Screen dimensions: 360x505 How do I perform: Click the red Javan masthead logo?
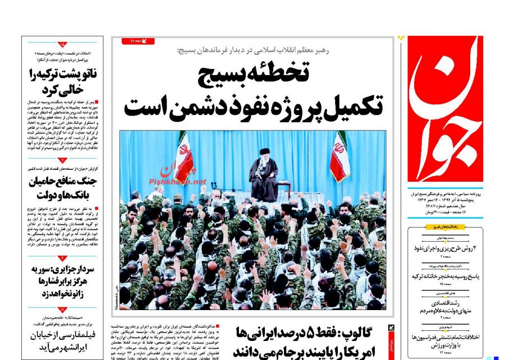[x=445, y=109]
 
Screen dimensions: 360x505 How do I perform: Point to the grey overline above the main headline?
[x=252, y=50]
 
